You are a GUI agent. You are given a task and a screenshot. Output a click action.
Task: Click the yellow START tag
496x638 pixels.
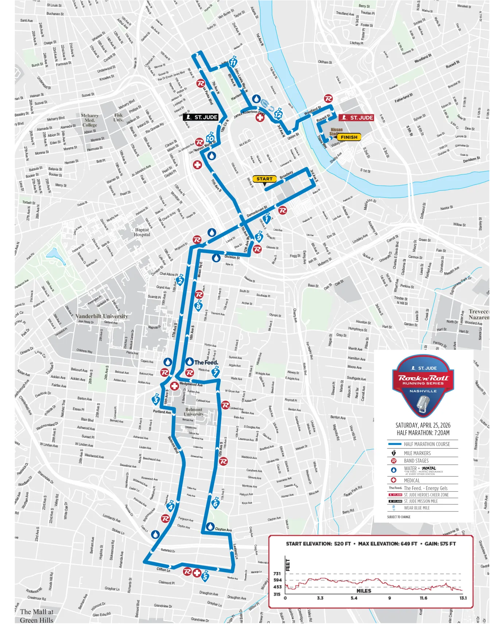264,179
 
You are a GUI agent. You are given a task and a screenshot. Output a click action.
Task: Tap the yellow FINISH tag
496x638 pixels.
349,137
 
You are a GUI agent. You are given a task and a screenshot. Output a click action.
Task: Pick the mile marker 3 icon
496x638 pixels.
156,399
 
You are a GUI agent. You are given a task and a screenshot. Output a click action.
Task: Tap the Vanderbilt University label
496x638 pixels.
102,316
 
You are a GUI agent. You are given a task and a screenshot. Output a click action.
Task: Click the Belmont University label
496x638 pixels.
194,412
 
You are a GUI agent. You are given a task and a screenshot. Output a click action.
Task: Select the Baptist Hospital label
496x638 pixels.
142,232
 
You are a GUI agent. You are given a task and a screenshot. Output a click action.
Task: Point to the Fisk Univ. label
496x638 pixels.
119,117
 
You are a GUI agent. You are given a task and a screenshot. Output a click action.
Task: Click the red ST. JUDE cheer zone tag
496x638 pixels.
356,117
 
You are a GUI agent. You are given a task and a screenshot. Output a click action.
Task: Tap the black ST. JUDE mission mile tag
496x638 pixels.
201,117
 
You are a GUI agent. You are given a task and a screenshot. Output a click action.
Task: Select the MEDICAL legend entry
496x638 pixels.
411,480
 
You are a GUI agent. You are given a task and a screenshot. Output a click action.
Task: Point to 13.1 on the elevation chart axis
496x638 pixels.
463,598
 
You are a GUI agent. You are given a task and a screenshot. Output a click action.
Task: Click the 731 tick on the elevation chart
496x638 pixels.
278,573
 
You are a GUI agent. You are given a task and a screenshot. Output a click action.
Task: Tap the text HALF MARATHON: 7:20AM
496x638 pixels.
423,433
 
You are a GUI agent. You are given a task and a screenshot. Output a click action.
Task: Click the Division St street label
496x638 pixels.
232,257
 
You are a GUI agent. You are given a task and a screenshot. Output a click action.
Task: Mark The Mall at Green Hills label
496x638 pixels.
36,616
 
